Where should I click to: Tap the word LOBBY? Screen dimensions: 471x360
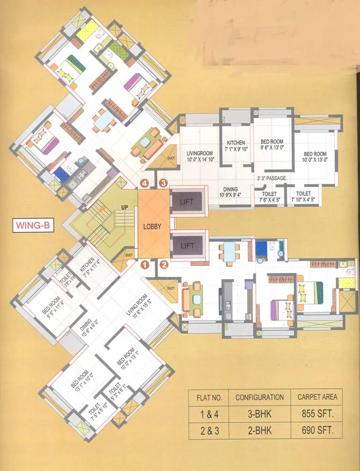point(153,227)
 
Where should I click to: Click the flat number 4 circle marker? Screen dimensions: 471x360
point(145,183)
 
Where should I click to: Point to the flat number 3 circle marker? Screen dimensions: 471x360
point(163,183)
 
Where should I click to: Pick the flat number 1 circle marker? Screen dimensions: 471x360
point(144,265)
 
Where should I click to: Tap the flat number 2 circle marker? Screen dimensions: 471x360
point(163,265)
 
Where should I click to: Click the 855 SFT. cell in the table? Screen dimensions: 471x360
point(316,414)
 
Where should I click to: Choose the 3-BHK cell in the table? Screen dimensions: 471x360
point(259,414)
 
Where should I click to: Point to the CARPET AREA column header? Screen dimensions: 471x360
point(317,397)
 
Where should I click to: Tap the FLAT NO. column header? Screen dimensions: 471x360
point(210,397)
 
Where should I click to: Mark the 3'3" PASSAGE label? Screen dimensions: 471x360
point(271,178)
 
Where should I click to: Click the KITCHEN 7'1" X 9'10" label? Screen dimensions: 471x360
point(235,146)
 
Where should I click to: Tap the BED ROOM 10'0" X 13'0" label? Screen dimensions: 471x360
point(315,157)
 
